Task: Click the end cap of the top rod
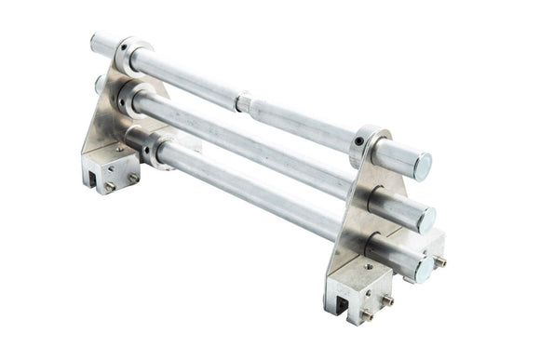click(x=421, y=167)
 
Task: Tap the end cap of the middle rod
click(x=425, y=220)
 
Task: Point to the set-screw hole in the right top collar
click(x=358, y=141)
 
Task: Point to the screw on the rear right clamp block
click(x=439, y=262)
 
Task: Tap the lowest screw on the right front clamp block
click(x=367, y=315)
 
